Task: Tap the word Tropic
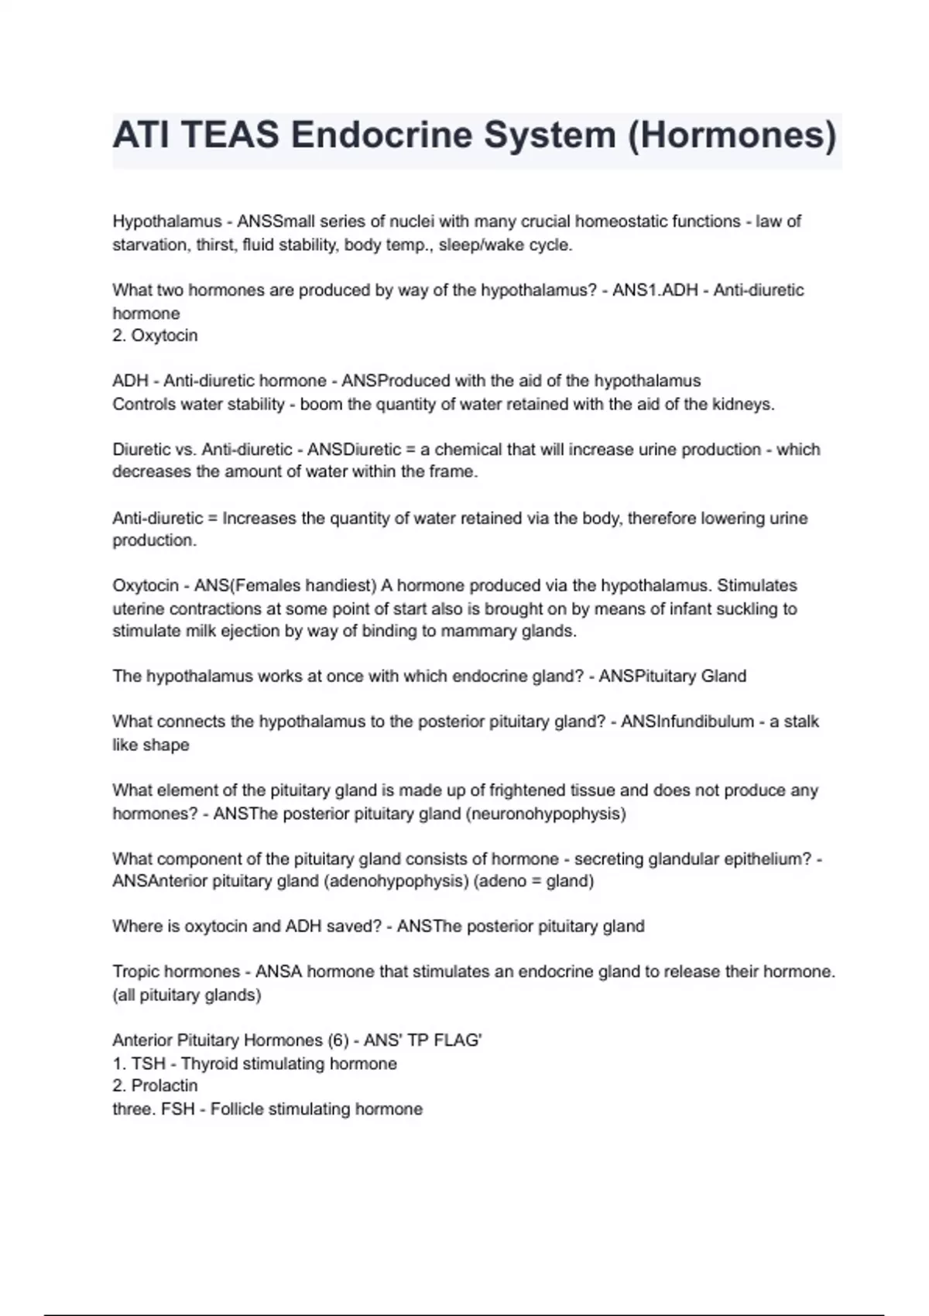136,972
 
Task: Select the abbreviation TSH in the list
148,1064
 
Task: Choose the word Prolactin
164,1086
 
